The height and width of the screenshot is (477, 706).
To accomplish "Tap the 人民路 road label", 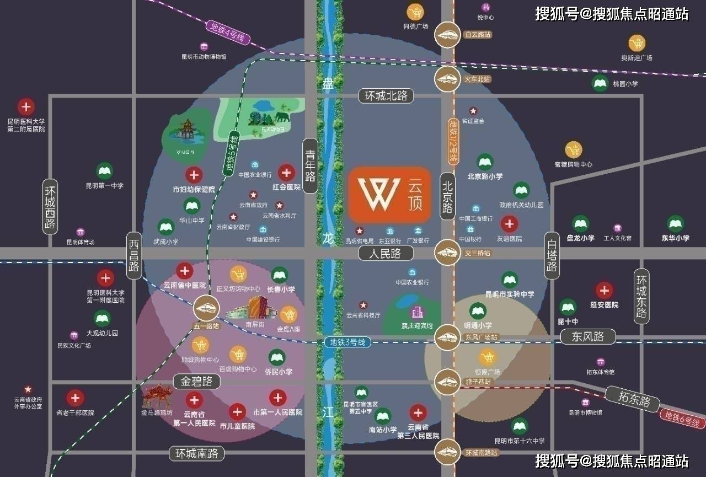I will pos(386,253).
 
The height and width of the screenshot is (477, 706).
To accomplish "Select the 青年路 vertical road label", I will pos(311,165).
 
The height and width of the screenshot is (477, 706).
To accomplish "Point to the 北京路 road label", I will pos(447,196).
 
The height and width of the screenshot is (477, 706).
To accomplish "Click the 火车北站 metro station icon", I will pos(447,79).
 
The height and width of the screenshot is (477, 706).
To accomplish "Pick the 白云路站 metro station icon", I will pos(447,35).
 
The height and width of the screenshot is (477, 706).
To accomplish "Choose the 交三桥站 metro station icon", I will pos(447,253).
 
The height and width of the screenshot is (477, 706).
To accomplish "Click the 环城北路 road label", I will pos(386,95).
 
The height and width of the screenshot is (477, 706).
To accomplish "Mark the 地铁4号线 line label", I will pos(228,33).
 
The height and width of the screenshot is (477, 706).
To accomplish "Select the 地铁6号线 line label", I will pos(683,419).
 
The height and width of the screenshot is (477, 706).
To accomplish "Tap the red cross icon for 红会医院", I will pos(286,173).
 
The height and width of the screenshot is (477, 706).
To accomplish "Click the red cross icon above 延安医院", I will pos(605,291).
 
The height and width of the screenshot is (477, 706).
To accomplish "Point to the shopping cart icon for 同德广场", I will pos(416,12).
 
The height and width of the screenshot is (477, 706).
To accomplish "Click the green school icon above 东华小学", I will pos(676,223).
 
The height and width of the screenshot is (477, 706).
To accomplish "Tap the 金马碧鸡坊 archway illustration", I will pos(159,396).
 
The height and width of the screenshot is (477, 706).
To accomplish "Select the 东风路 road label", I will pos(588,336).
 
